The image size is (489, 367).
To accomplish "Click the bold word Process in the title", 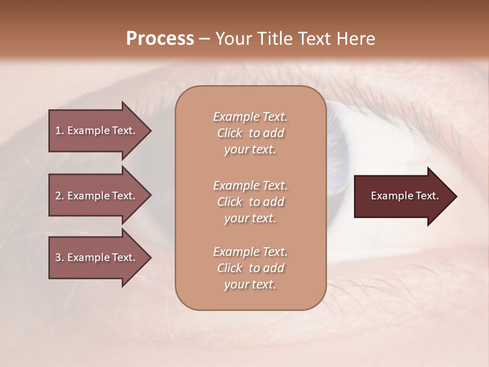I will [160, 39].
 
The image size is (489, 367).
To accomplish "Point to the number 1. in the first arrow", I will [60, 130].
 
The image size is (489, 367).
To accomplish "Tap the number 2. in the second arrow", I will [60, 196].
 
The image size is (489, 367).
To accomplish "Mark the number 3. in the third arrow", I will [60, 257].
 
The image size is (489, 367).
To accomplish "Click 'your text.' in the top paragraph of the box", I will [250, 150].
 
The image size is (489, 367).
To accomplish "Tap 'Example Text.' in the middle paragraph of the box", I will [250, 185].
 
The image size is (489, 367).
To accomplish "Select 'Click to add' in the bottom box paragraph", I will [250, 268].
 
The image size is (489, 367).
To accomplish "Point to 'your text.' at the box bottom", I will [250, 285].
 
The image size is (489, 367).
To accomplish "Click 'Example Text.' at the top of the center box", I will [250, 117].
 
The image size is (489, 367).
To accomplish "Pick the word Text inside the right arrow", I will [427, 196].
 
